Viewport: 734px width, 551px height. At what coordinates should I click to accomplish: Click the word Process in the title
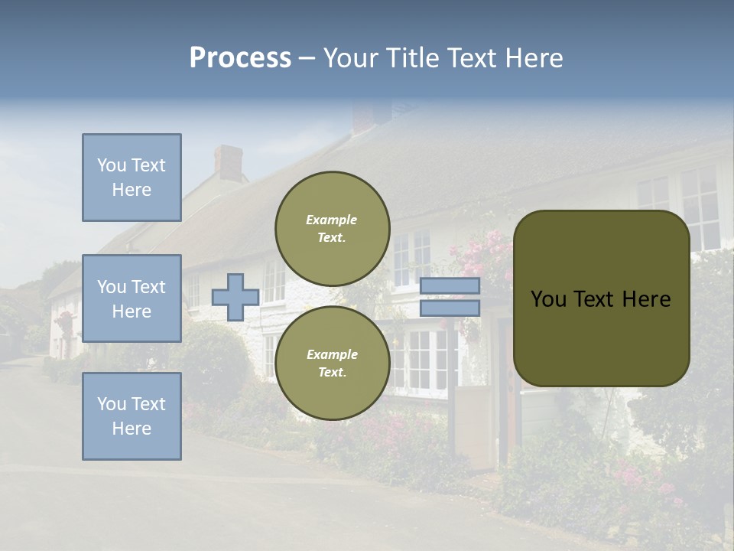[240, 57]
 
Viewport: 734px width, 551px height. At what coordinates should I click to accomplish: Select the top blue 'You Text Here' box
[132, 178]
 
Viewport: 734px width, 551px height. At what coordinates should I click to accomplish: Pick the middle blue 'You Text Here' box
[132, 298]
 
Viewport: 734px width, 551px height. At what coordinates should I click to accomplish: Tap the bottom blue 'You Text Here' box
[132, 416]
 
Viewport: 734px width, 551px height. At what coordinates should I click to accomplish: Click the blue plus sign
[235, 297]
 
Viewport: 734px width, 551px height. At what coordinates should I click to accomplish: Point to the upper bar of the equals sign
[450, 286]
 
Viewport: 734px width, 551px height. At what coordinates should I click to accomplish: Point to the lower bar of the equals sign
[450, 308]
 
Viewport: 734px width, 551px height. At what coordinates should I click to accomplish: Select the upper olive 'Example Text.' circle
[332, 229]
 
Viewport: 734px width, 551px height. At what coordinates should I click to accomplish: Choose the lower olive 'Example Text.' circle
[332, 363]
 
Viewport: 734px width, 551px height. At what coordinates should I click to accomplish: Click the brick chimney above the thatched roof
[228, 163]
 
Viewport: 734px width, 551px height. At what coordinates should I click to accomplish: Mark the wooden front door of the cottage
[508, 398]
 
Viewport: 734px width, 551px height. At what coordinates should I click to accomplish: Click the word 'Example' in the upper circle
[331, 220]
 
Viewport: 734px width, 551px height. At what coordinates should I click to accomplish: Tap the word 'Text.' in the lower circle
[332, 373]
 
